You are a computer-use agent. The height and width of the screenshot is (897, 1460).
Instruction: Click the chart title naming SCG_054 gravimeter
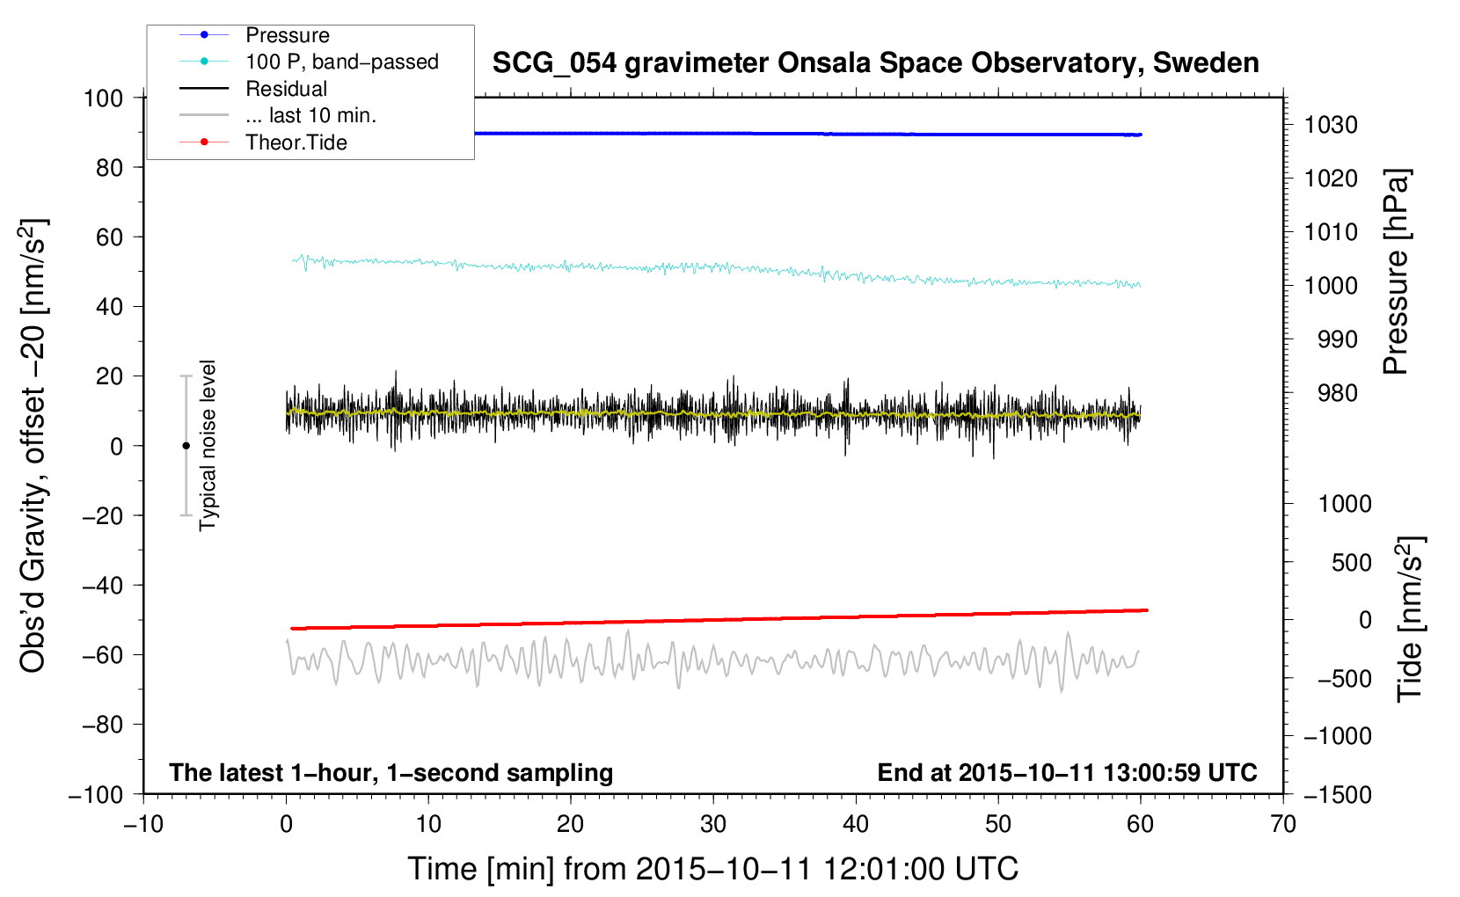875,63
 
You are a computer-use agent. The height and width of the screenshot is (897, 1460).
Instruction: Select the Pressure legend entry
287,35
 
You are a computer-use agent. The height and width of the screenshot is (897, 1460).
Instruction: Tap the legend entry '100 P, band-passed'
341,62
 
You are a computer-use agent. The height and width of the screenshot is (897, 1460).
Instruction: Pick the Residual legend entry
286,89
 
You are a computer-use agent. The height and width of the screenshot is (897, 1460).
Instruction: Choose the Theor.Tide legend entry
296,142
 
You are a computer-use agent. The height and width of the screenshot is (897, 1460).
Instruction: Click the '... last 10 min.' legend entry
310,115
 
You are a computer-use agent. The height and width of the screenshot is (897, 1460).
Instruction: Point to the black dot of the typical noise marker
186,446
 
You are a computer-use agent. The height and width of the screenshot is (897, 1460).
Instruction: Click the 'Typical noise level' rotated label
208,445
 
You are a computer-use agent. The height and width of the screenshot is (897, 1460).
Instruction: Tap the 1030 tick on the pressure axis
1330,125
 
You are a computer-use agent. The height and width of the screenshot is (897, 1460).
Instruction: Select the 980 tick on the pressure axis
1337,393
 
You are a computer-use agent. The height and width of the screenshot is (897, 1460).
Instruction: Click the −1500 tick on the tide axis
1337,794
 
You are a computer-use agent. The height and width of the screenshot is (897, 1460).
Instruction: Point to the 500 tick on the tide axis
1351,562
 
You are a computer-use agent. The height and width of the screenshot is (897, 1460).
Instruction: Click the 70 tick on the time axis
1283,824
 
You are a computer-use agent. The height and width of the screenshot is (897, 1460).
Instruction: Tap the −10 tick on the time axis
143,824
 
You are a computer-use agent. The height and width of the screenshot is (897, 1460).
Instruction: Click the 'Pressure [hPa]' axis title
1396,272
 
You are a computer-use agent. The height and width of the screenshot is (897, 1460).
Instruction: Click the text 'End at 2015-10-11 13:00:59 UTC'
1067,772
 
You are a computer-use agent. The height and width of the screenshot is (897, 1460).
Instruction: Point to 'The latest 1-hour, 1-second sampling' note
391,772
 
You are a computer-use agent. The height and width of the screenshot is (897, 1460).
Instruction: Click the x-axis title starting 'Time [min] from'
712,869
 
